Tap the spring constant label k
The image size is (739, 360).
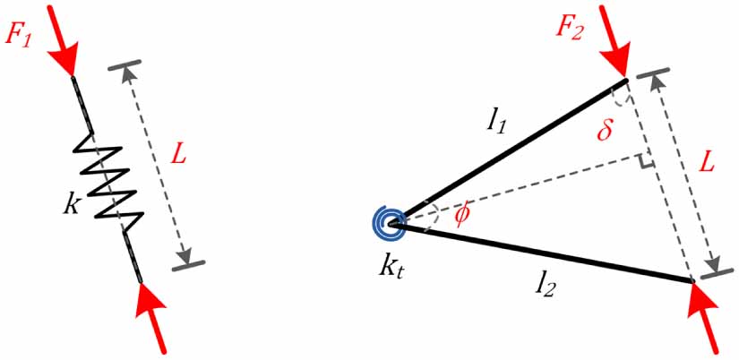[72, 202]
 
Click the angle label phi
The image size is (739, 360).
[461, 216]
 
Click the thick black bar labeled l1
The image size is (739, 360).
[511, 149]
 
